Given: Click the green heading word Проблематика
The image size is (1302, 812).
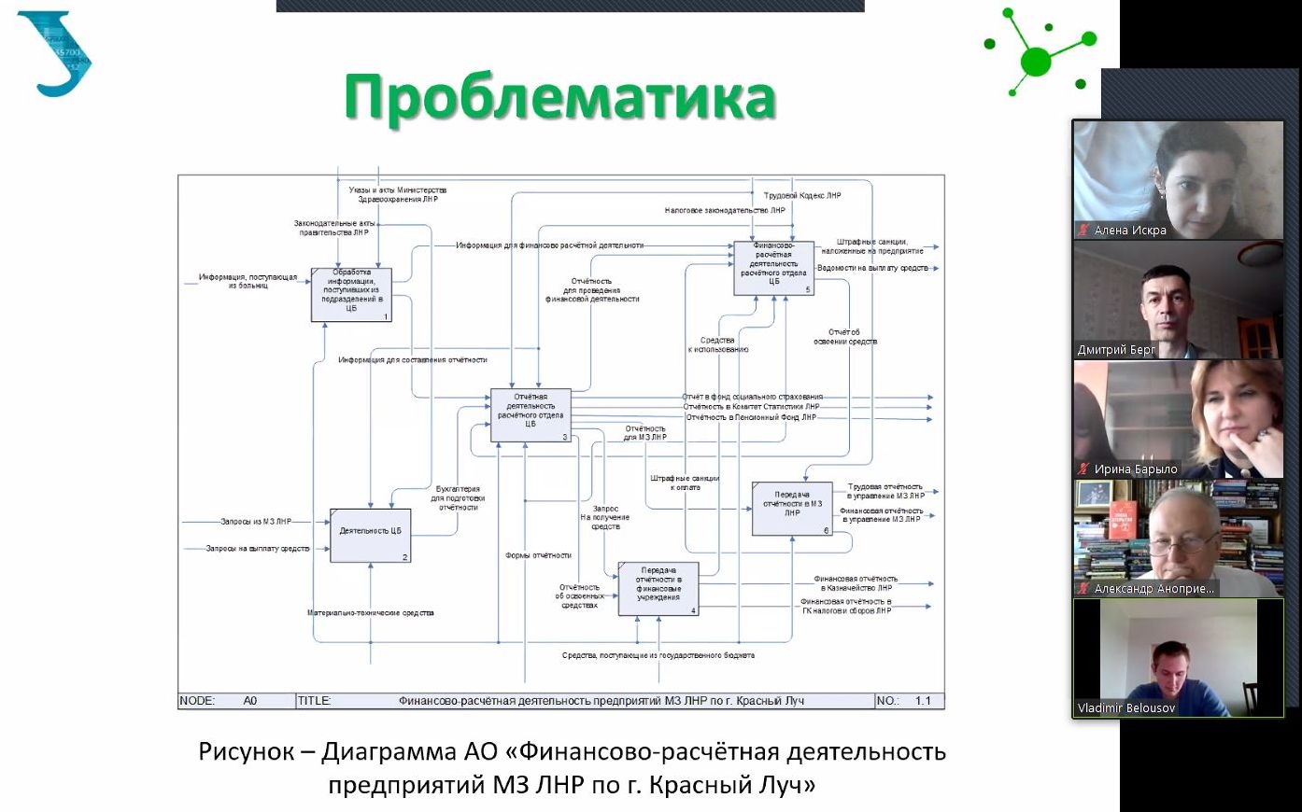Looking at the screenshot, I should point(559,97).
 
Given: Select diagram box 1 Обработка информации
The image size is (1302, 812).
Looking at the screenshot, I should point(351,294).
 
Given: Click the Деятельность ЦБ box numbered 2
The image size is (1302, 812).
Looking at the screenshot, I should point(370,535).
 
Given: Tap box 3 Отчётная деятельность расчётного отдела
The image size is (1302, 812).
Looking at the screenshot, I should point(531,414).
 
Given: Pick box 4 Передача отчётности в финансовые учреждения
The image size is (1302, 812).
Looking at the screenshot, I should point(658,588).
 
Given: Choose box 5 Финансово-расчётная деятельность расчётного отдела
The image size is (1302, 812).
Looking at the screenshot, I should point(773,267).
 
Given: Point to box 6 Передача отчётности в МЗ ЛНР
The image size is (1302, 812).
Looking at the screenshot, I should point(792,508).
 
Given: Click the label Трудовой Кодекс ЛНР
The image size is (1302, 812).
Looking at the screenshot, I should point(802,196).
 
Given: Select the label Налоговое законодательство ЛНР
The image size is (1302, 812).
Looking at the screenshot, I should point(725,211).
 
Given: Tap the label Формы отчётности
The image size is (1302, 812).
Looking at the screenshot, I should point(538,555).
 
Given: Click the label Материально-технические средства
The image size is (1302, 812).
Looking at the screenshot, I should point(371,613).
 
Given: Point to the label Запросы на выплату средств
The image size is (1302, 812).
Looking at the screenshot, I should point(258,549).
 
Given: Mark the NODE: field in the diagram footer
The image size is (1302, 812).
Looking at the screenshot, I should point(197,701).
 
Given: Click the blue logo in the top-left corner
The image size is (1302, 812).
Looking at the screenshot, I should point(54,53).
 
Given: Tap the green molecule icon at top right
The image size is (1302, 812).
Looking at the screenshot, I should point(1038,54).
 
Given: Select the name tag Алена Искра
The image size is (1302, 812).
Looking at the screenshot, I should point(1129,231).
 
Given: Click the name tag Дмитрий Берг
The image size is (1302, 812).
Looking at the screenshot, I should point(1116,350).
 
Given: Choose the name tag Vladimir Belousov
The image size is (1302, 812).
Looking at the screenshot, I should point(1126,708).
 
